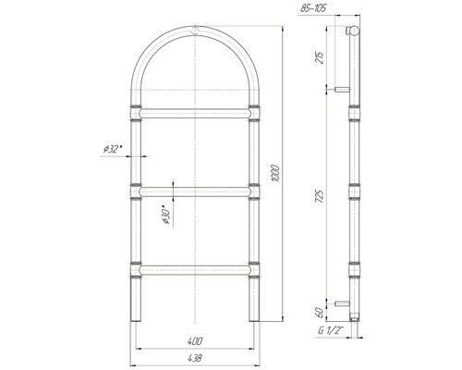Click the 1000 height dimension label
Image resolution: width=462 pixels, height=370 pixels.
click(275, 174)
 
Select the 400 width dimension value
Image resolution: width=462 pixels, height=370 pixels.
click(195, 341)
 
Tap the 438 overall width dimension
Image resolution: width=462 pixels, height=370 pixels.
click(194, 358)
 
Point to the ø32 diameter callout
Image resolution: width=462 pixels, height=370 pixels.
click(112, 149)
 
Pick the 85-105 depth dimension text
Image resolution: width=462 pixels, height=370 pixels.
click(313, 8)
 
